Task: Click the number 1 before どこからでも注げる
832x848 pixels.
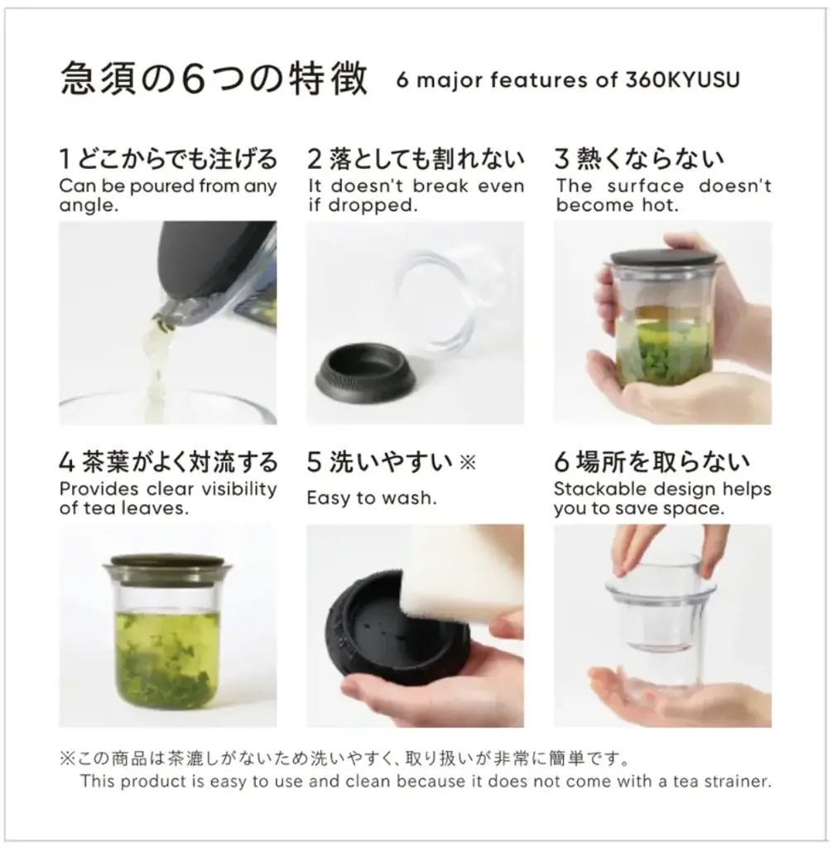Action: [65, 158]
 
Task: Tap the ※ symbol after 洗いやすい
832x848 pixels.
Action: [468, 462]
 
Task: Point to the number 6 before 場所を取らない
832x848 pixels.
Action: [561, 462]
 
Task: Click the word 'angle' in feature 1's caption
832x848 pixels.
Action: [86, 205]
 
